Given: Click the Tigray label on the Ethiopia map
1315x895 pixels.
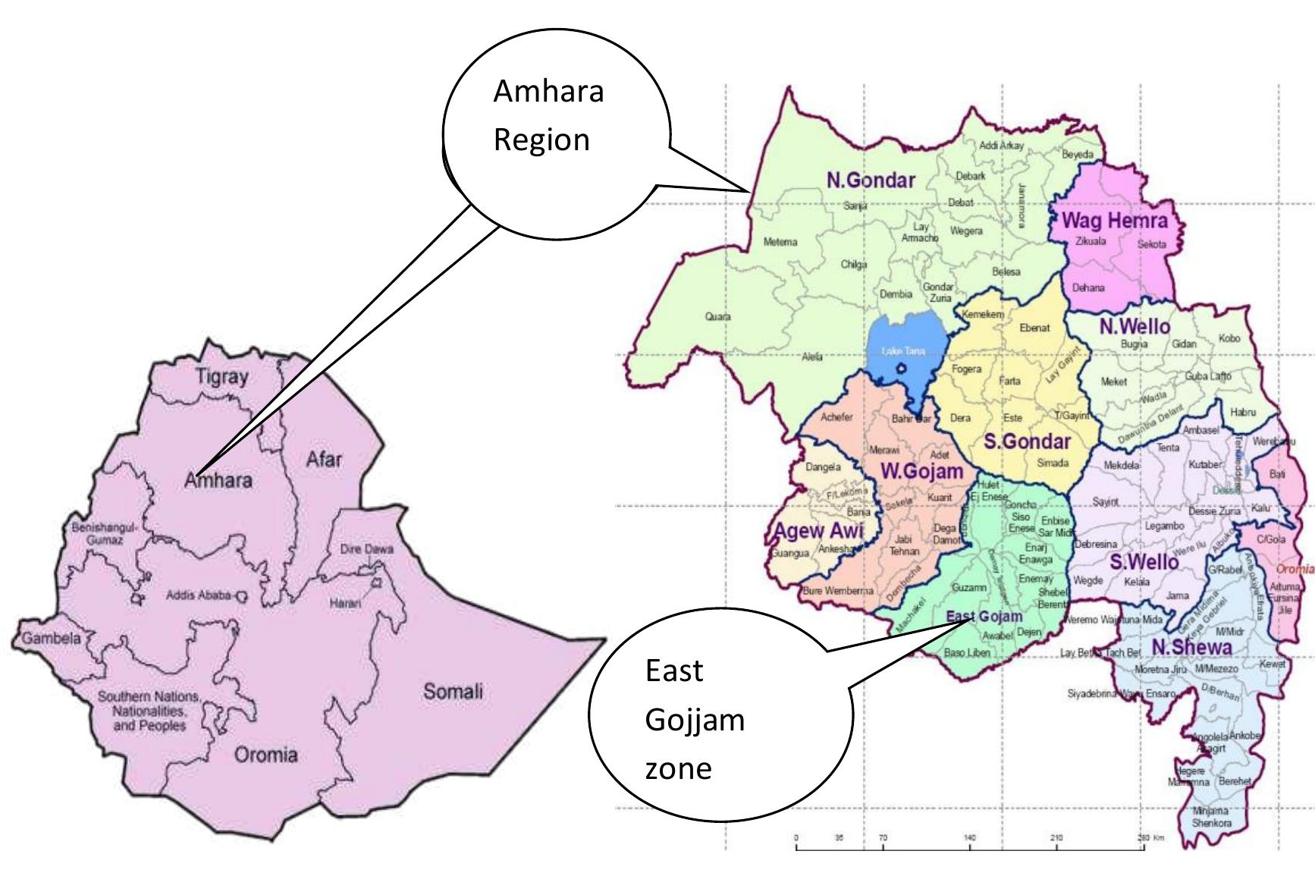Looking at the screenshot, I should (221, 377).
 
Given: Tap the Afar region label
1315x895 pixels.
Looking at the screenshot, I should (324, 460).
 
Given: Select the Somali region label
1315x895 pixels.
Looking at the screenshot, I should (453, 692).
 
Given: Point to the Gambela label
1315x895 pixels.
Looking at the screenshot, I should (50, 638).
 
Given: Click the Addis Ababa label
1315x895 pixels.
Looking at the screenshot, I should (202, 595).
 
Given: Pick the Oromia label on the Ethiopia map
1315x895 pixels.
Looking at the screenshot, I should (265, 755).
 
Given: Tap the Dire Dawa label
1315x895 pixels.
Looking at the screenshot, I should (367, 548).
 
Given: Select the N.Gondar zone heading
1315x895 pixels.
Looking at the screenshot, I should (871, 181).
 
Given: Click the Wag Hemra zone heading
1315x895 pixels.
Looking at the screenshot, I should (1114, 221).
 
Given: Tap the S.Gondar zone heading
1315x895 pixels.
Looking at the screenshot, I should (1027, 441).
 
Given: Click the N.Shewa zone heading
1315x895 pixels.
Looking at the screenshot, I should (1191, 647).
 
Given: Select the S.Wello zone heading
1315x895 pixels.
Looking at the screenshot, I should (1144, 562).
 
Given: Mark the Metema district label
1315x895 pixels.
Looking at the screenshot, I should (780, 242).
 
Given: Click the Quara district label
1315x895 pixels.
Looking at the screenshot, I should (717, 316).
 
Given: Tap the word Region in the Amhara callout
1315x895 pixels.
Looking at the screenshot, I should (541, 140).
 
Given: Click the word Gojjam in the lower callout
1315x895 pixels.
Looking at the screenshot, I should (695, 719).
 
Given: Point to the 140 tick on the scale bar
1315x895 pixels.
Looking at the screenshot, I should (970, 838).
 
